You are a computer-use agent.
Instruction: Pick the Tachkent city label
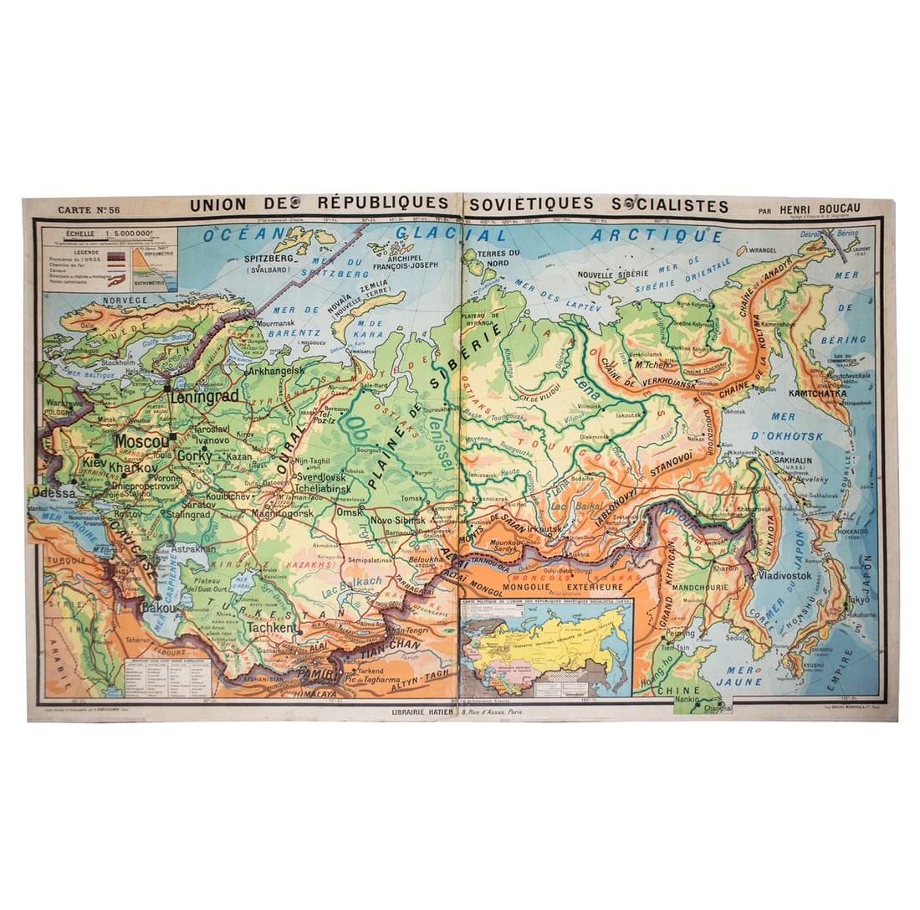point(273,628)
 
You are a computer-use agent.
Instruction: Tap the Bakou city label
point(159,607)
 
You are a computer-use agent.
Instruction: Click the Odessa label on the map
point(55,493)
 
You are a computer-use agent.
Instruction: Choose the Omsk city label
point(349,512)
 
